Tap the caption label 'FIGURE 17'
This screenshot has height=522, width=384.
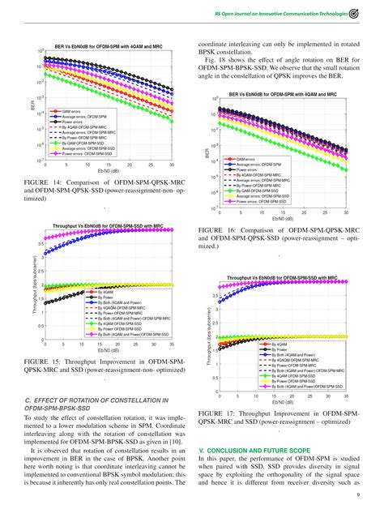click(218, 413)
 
